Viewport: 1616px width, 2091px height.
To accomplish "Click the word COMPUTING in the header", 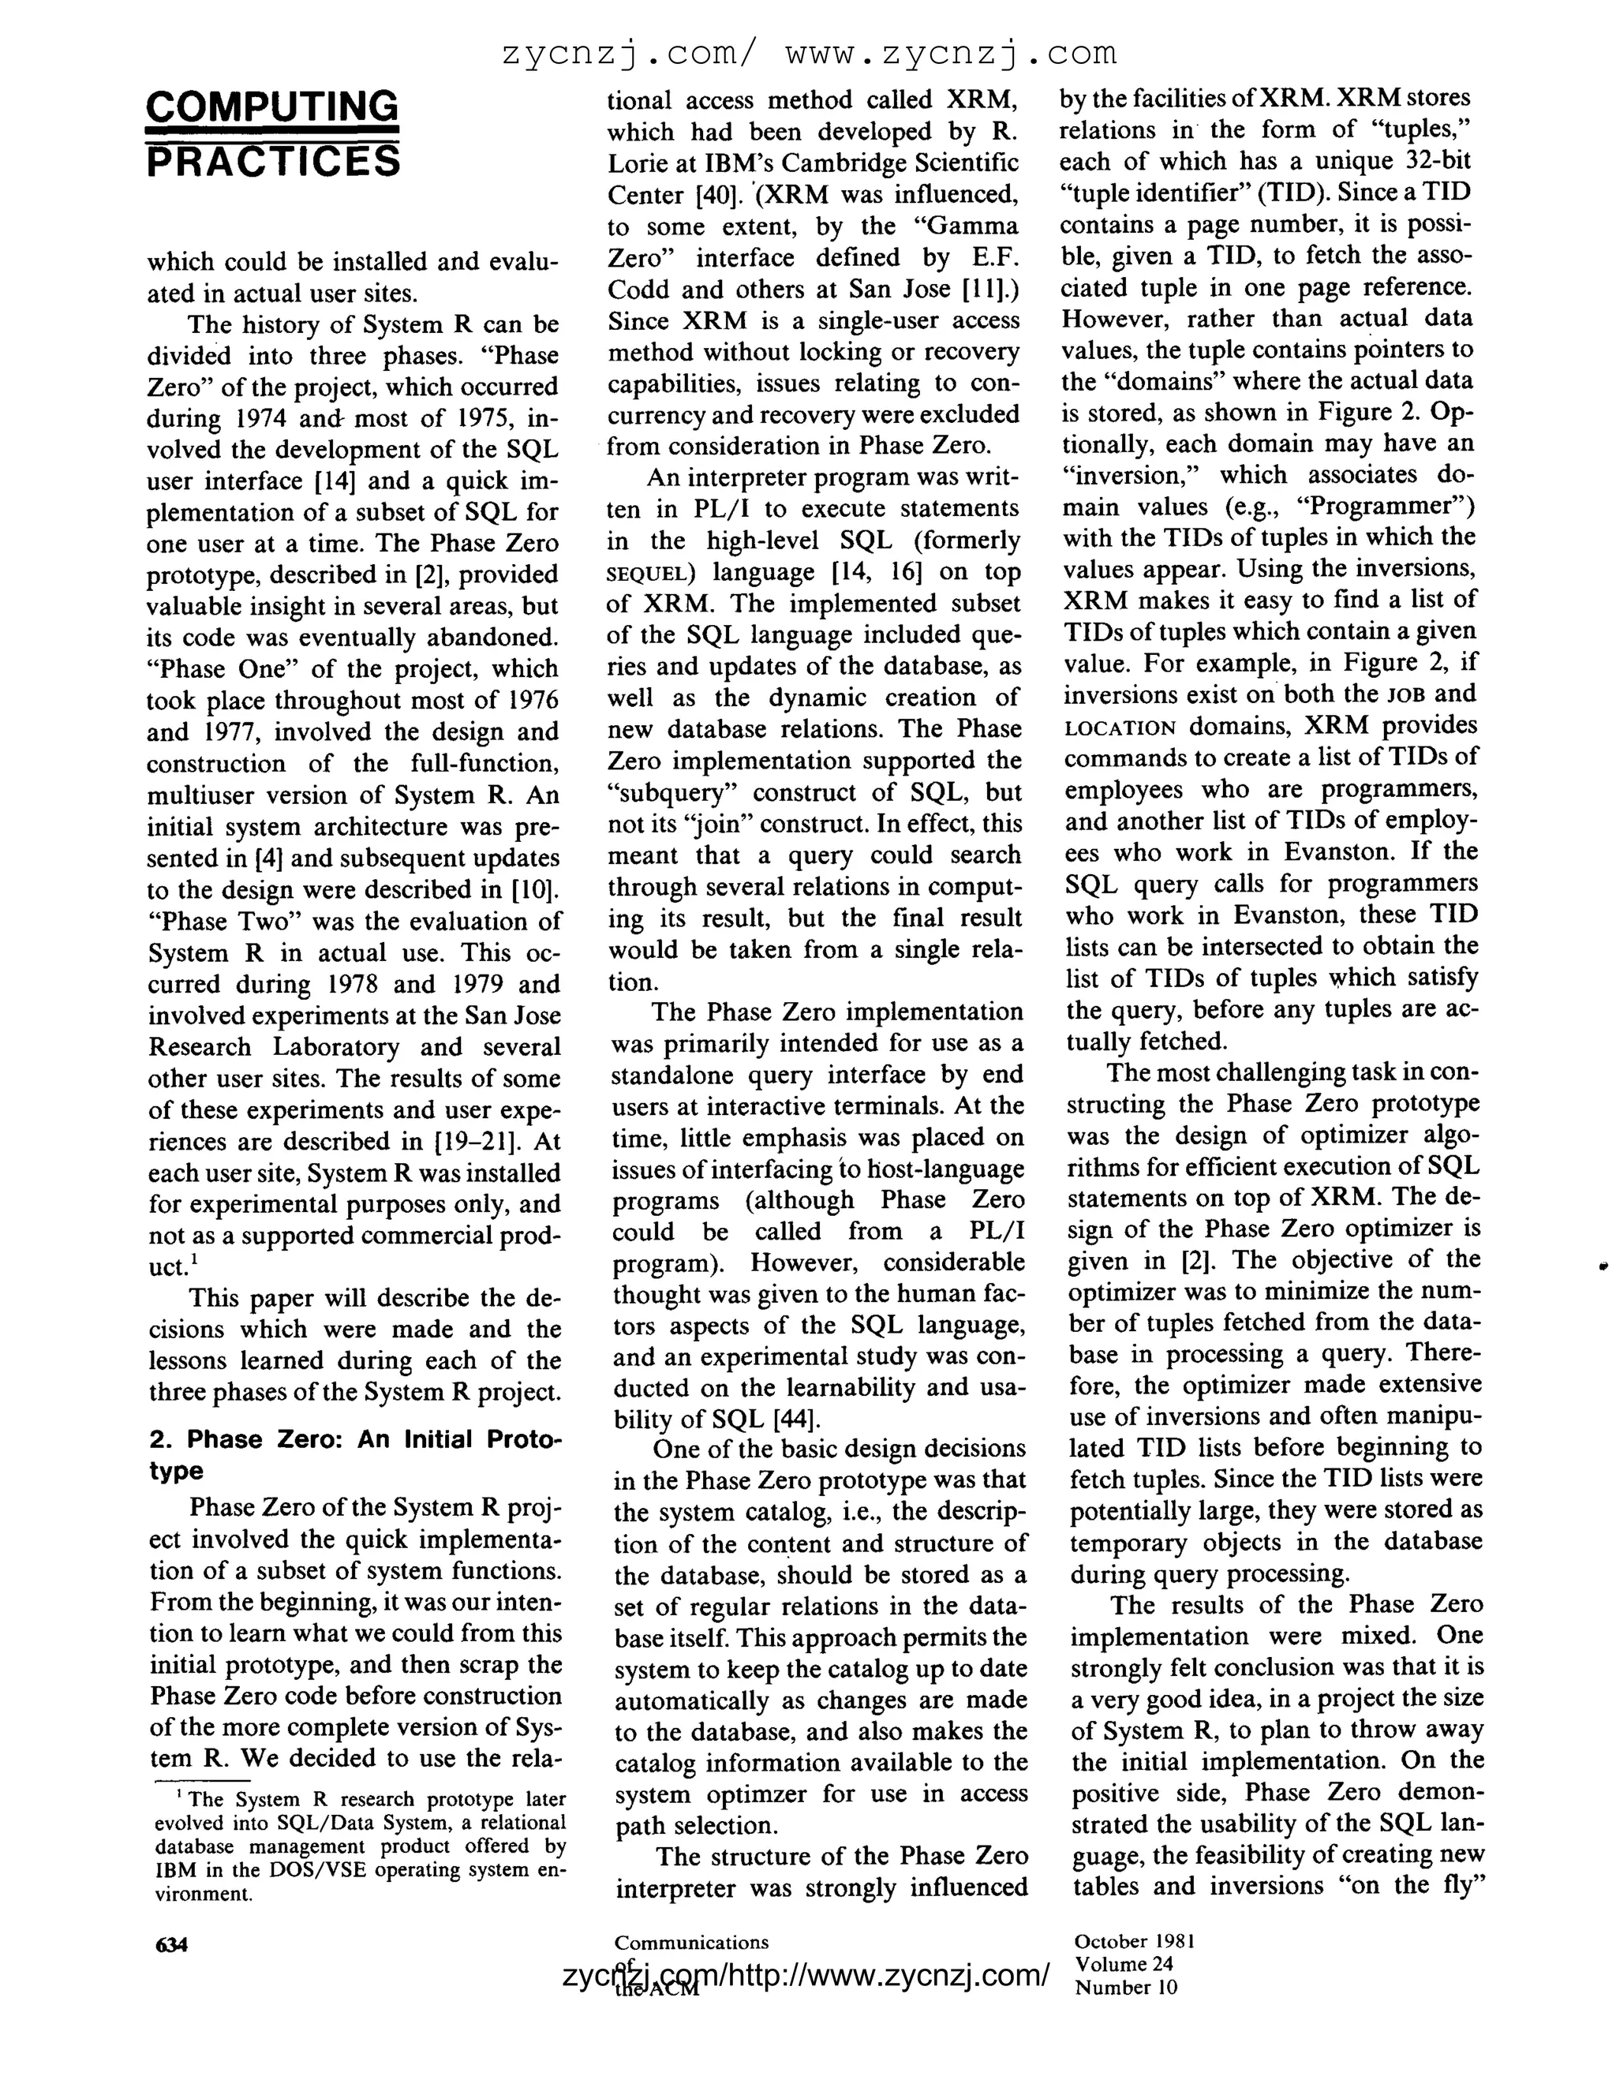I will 272,105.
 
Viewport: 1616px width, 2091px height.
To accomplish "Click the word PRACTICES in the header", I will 272,162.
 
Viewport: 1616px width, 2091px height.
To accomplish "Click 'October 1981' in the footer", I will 1135,1941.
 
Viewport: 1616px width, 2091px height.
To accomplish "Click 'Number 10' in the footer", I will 1126,1987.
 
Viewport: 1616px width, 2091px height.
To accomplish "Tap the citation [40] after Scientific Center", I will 718,196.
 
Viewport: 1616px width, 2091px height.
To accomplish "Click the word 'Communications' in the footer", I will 691,1942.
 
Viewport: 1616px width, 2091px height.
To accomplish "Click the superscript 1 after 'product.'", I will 193,1258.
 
